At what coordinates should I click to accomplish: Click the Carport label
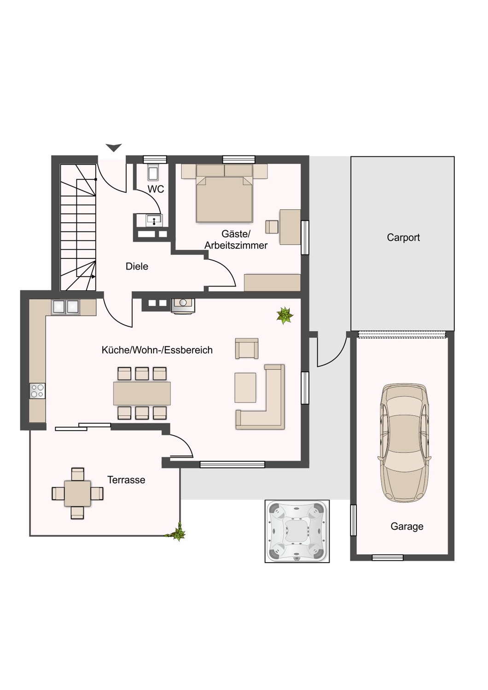coord(403,237)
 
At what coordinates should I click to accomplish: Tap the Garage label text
coord(407,526)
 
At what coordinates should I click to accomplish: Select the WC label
coord(156,189)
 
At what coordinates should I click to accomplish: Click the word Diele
coord(137,266)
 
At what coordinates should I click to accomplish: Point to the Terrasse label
coord(126,480)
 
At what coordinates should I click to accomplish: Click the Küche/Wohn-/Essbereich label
coord(157,350)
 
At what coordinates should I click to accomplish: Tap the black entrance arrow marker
coord(114,148)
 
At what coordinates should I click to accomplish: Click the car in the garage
coord(404,442)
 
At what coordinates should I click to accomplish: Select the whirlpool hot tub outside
coord(297,531)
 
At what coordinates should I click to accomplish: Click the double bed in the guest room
coord(224,195)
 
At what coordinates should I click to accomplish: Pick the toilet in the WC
coord(153,172)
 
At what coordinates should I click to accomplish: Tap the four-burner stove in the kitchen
coord(37,391)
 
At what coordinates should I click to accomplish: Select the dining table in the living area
coord(142,393)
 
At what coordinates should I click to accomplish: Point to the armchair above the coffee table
coord(246,348)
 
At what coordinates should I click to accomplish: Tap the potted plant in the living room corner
coord(285,316)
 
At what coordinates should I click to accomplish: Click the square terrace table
coord(77,493)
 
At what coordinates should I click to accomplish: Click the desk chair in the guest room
coord(272,226)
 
